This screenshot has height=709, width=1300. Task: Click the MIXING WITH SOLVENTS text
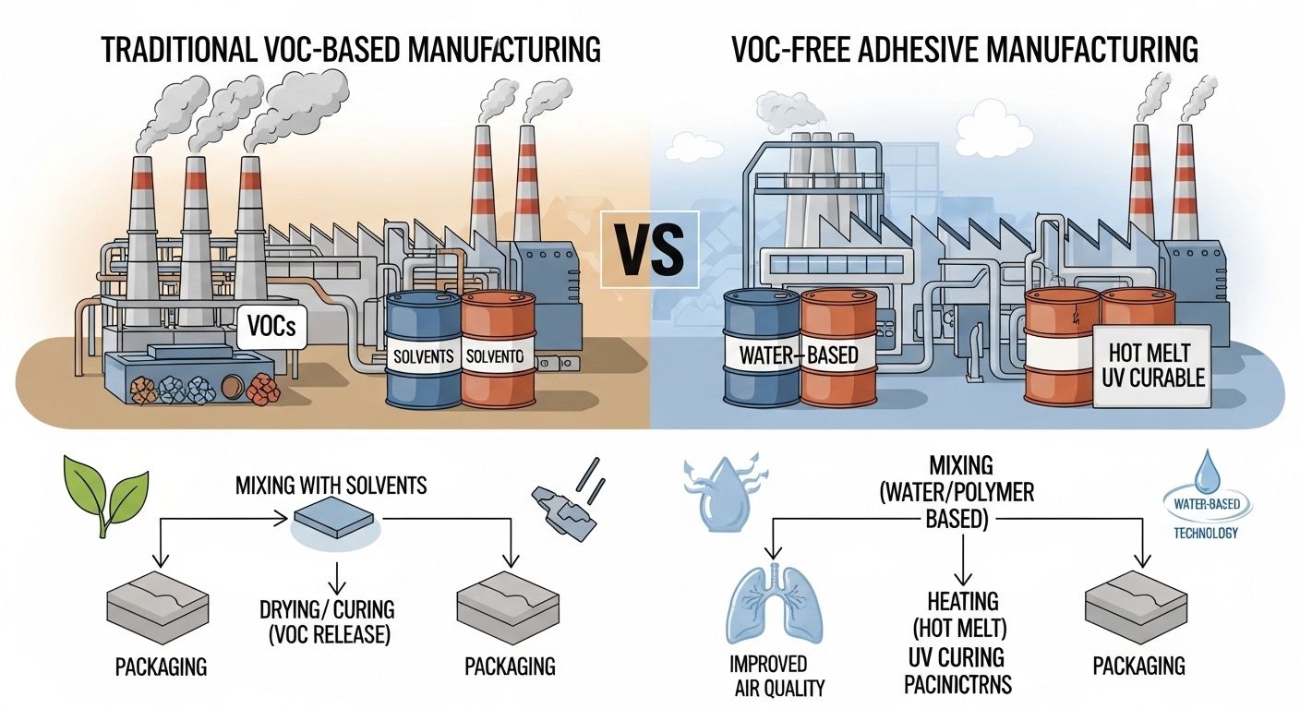click(x=331, y=485)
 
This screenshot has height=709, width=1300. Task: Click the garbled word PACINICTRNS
click(x=957, y=684)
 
